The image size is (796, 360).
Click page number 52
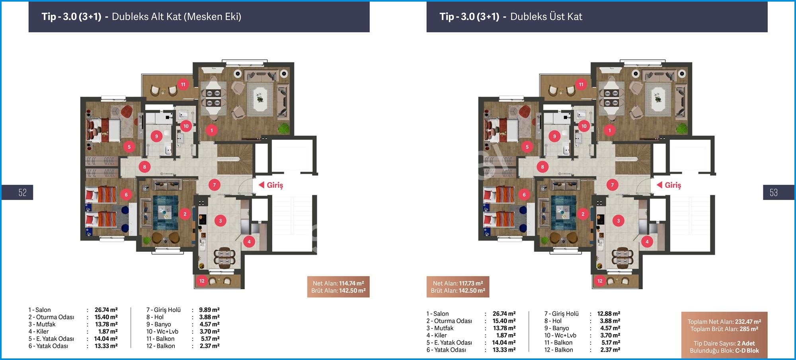click(22, 193)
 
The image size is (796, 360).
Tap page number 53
click(773, 193)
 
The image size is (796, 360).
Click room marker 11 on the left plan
click(183, 84)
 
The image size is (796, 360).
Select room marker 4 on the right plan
click(647, 241)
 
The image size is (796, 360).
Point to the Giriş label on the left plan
click(275, 185)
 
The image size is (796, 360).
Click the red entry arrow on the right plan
click(659, 185)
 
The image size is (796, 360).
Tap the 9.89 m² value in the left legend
click(209, 310)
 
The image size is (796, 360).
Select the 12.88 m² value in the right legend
click(609, 314)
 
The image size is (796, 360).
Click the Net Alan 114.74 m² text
click(338, 284)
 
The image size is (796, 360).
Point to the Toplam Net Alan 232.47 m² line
click(724, 322)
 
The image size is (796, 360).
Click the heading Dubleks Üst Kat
click(546, 17)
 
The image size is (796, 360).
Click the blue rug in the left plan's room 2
click(165, 210)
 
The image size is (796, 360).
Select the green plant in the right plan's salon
click(682, 128)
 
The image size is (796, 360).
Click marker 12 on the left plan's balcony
click(202, 281)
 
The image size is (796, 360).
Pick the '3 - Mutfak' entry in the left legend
click(42, 324)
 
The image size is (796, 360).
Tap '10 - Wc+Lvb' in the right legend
click(560, 335)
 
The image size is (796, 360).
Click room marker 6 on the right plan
click(524, 195)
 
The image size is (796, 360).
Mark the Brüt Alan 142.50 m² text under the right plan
click(458, 291)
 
